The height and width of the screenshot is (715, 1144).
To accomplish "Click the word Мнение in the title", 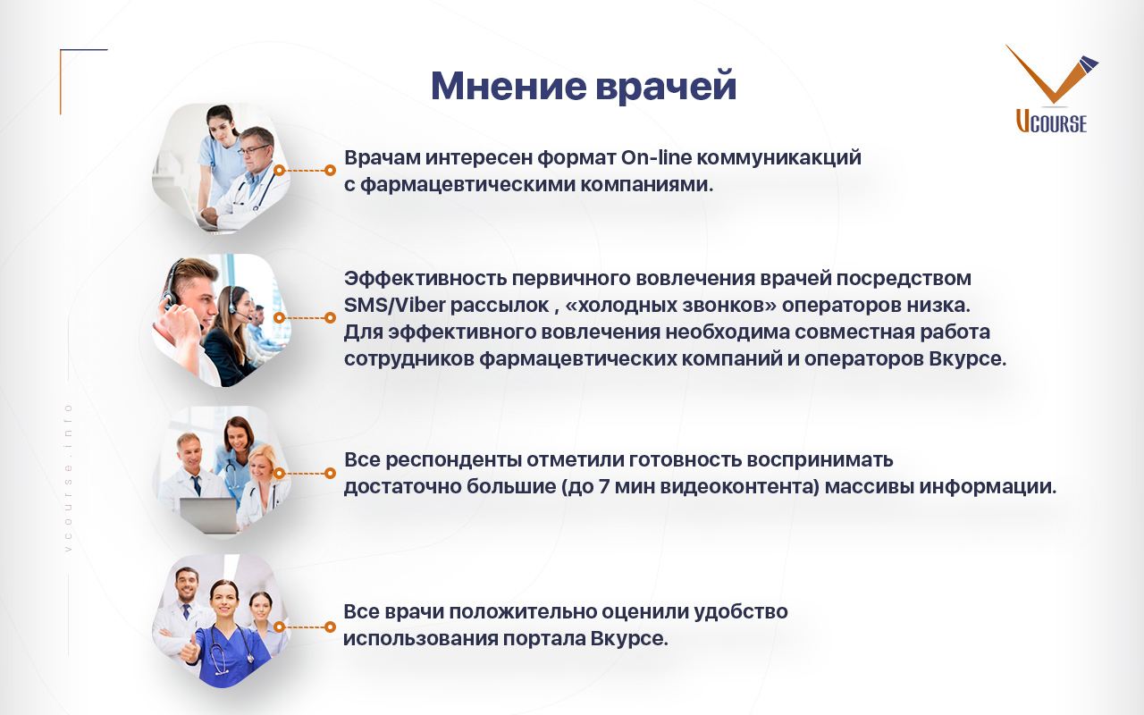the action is [x=509, y=85].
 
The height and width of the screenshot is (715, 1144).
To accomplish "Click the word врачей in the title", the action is [x=666, y=88].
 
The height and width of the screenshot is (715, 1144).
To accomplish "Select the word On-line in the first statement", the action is [x=656, y=157].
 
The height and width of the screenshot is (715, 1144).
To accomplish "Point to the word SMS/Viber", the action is [x=394, y=306].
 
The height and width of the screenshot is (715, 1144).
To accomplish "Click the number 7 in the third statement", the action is [x=603, y=486].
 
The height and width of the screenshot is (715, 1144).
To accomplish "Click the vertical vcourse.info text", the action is [x=69, y=478].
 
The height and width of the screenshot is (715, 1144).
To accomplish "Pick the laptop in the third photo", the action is [x=209, y=515].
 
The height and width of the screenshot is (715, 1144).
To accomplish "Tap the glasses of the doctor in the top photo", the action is [x=253, y=149].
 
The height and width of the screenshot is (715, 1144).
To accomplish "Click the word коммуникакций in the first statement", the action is [x=778, y=158].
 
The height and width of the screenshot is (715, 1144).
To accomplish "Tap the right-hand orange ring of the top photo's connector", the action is [x=331, y=170].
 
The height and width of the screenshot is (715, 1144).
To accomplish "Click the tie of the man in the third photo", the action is [x=196, y=485].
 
